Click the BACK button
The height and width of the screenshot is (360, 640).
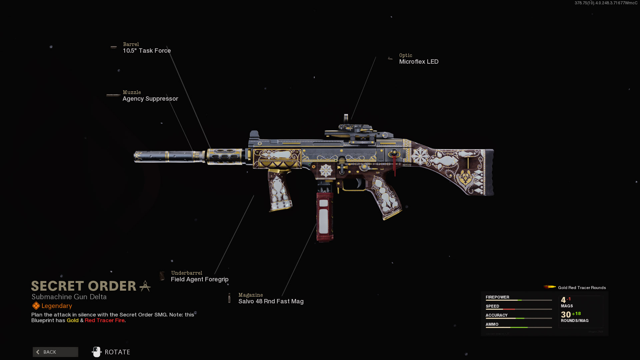tap(55, 352)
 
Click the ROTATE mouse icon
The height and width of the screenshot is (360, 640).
tap(97, 352)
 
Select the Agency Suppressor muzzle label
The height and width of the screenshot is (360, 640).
tap(150, 99)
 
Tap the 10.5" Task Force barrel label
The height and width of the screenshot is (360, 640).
tap(147, 51)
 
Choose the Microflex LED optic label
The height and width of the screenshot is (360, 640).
tap(419, 62)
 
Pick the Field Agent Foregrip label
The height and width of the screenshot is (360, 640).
tap(200, 279)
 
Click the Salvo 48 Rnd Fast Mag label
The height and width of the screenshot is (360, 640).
tap(271, 301)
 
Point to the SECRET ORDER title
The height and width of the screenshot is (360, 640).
tap(84, 286)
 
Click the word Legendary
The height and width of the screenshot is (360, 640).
tap(57, 306)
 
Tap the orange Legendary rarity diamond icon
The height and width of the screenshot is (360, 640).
tap(36, 306)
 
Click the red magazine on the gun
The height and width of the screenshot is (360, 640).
tap(324, 217)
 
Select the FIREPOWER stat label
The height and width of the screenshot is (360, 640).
tap(497, 297)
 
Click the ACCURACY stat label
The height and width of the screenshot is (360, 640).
tap(496, 315)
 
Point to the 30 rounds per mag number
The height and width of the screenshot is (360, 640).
tap(566, 315)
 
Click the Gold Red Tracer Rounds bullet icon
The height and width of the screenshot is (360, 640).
tap(549, 287)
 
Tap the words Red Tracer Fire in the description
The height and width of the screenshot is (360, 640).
tap(105, 320)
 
